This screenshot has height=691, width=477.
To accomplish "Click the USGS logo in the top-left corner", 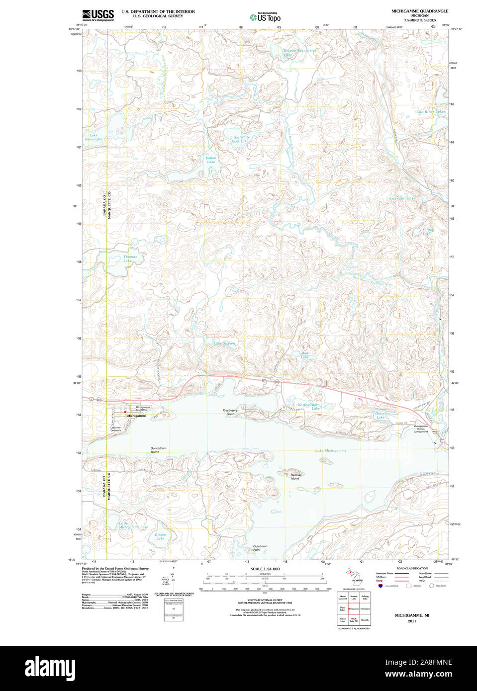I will (97, 15).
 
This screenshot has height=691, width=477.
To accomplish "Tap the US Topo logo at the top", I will (265, 17).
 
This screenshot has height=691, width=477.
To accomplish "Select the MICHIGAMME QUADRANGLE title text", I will (419, 11).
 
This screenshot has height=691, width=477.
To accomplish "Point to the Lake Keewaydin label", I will (94, 137).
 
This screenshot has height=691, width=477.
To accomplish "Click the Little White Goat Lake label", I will (240, 139).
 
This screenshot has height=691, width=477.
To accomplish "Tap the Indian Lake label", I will (211, 160).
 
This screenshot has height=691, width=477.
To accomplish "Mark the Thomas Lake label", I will (129, 259).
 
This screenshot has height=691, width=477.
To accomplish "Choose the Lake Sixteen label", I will (224, 344).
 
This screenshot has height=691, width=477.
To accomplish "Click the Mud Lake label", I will (305, 355).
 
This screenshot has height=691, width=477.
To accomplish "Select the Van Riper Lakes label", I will (431, 112).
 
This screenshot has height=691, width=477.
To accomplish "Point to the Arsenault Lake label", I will (402, 198).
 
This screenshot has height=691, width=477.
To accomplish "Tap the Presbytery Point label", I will (230, 412).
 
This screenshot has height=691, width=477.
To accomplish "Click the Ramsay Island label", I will (295, 477).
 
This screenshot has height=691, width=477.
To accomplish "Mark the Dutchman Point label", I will (260, 548).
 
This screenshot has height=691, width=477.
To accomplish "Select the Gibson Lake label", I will (160, 536).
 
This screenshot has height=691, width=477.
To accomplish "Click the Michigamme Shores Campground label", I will (421, 429).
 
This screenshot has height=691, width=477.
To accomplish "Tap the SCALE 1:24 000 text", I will (265, 569).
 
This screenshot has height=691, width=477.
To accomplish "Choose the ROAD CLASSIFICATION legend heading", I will (412, 568).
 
